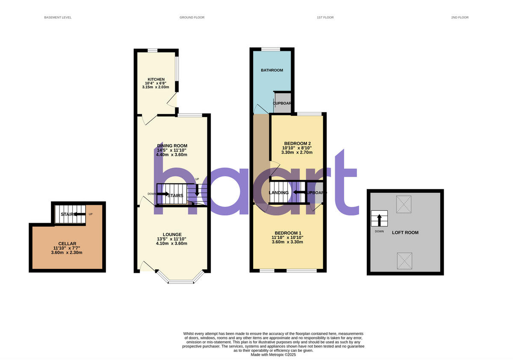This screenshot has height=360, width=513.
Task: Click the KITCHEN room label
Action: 156,80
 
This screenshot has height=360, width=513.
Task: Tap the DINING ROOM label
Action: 171,146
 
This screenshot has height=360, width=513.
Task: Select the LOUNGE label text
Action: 171,234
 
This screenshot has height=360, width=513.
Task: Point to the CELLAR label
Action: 68,244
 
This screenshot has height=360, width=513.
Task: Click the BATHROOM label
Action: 272,70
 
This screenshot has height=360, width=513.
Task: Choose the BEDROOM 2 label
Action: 297,143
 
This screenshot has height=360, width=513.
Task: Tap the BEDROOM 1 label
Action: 287,233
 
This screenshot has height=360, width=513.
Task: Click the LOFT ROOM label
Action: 405,233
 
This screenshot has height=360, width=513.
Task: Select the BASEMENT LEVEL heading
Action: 58,18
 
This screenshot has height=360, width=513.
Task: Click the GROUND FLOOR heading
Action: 192,18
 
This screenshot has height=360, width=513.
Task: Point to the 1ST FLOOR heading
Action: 325,18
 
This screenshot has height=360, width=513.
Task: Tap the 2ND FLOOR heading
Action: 460,18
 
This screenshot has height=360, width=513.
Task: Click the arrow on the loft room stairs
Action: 379,220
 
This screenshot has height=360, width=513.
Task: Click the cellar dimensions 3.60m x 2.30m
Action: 68,253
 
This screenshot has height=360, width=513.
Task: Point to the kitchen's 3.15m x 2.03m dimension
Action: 156,87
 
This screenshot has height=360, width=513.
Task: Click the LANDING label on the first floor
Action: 279,193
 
